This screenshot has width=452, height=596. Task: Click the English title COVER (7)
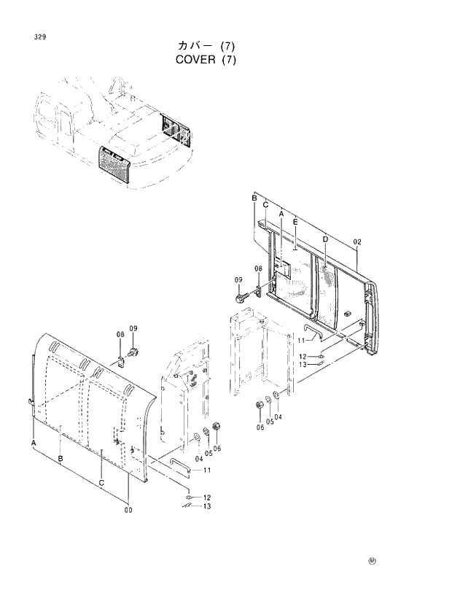click(x=206, y=59)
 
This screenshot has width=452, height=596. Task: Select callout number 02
click(x=357, y=241)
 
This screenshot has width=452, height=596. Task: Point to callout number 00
click(x=129, y=509)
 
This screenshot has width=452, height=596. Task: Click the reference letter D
click(x=325, y=240)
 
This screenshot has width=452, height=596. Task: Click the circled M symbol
click(x=372, y=561)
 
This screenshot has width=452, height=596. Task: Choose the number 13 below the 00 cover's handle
click(x=207, y=506)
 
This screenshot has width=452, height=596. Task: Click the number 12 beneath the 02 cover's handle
click(x=303, y=357)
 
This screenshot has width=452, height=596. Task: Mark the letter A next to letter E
click(x=281, y=213)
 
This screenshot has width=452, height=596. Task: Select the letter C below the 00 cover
click(x=101, y=482)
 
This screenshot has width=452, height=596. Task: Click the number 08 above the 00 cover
click(x=120, y=334)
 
